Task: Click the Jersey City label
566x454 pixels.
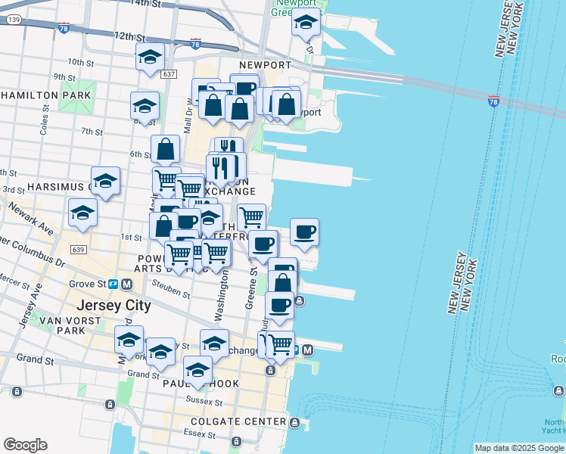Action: pyautogui.click(x=114, y=306)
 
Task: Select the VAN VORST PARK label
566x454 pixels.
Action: pyautogui.click(x=53, y=325)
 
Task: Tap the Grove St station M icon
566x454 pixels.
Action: pyautogui.click(x=126, y=285)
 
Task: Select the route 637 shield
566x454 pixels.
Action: pyautogui.click(x=169, y=73)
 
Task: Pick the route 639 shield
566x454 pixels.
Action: pyautogui.click(x=77, y=249)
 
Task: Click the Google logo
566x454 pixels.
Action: pyautogui.click(x=25, y=445)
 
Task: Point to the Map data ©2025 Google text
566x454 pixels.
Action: pyautogui.click(x=518, y=448)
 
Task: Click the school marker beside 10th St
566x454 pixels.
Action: pyautogui.click(x=150, y=58)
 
